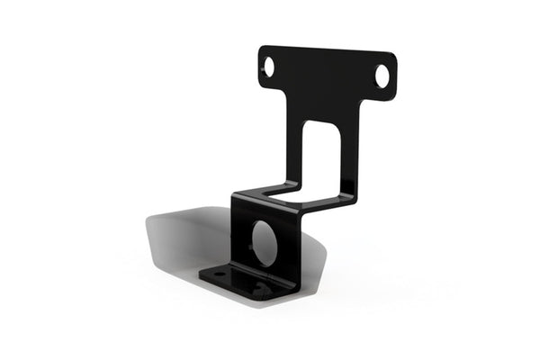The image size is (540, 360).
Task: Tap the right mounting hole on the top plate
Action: click(382, 76)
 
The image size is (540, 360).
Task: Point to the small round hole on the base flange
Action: click(220, 272)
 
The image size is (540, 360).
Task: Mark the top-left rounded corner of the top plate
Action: click(263, 50)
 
